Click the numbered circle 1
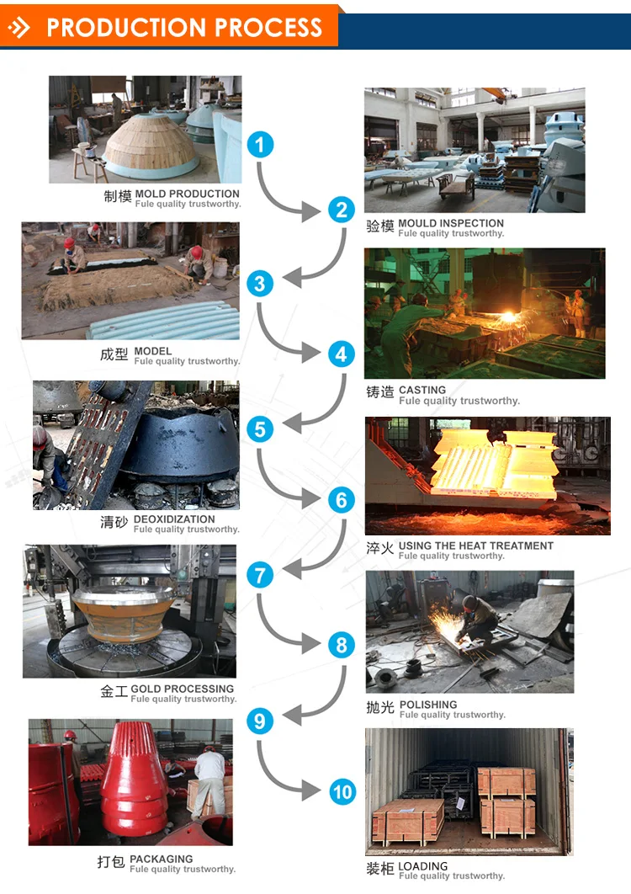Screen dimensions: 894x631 [x=260, y=145]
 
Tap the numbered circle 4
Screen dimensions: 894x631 [x=341, y=354]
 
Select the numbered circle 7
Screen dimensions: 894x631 [x=260, y=576]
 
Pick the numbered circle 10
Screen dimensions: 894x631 [x=342, y=792]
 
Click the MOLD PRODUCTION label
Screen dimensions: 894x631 [x=187, y=194]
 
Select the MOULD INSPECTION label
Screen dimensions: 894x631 [x=451, y=223]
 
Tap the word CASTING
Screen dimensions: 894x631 [x=422, y=390]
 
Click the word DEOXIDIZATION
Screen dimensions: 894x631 [x=174, y=519]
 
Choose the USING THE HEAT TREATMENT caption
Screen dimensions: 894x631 [x=475, y=545]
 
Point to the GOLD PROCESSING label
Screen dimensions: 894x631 [x=183, y=689]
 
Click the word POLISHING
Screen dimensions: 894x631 [x=428, y=705]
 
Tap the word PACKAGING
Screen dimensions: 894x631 [x=162, y=859]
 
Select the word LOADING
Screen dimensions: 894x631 [x=423, y=865]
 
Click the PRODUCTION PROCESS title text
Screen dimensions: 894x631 [x=184, y=28]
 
